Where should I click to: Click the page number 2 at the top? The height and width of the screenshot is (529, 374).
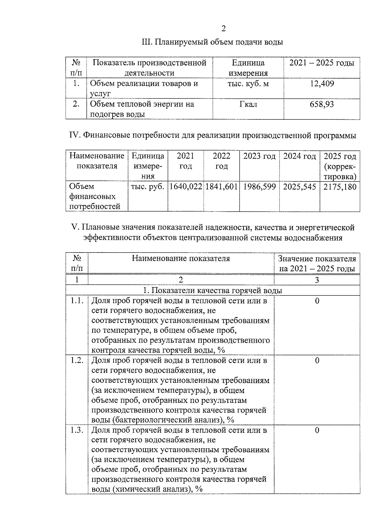tap(223, 29)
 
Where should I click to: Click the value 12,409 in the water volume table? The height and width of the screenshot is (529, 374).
tap(322, 84)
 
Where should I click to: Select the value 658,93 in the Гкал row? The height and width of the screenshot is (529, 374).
tap(322, 104)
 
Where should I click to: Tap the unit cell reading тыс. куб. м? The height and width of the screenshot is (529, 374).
tap(248, 84)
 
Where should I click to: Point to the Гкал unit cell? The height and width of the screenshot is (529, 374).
tap(248, 104)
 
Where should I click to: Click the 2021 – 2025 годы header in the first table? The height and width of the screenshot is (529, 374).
tap(322, 63)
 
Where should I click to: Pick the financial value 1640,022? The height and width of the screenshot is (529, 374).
tap(186, 187)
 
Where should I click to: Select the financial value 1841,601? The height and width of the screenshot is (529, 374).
tap(222, 187)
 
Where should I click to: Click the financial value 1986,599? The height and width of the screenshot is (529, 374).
tap(259, 187)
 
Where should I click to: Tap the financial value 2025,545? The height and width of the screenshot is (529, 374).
tap(300, 187)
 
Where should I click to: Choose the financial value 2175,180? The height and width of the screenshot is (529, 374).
tap(340, 187)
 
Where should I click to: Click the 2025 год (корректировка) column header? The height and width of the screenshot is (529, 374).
tap(340, 166)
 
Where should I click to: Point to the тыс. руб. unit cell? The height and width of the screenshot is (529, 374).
tap(148, 187)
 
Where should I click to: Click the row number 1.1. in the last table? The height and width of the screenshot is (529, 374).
tap(77, 301)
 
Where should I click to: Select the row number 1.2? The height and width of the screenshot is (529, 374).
tap(77, 360)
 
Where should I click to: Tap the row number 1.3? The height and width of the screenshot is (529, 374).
tap(77, 430)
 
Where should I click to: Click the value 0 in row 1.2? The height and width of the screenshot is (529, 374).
tap(317, 360)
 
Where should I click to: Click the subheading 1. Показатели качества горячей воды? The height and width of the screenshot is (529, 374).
tap(213, 291)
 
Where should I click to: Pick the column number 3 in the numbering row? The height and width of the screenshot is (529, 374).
tap(317, 280)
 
